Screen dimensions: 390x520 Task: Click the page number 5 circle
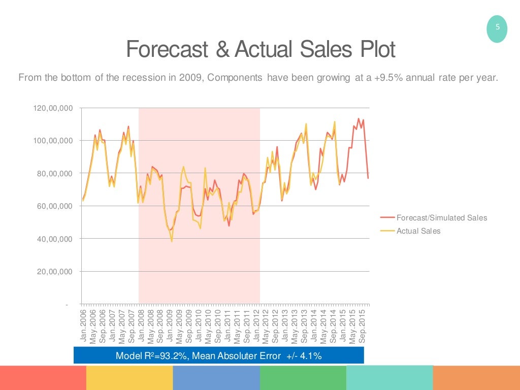click(x=497, y=29)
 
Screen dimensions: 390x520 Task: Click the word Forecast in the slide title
click(x=167, y=50)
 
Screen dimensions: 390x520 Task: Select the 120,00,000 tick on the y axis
click(x=53, y=108)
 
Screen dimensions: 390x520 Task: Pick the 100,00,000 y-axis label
click(x=53, y=141)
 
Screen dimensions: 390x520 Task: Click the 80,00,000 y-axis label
click(x=55, y=174)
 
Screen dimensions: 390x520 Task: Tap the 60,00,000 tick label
click(x=55, y=206)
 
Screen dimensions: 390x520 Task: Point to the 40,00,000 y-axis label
click(x=55, y=239)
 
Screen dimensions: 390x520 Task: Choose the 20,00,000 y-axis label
click(x=55, y=272)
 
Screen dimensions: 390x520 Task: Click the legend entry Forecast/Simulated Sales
click(x=441, y=218)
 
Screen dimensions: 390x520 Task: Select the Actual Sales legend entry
click(x=418, y=231)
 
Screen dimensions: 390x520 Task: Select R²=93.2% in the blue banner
click(x=165, y=356)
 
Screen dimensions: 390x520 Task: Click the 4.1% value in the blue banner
click(x=310, y=356)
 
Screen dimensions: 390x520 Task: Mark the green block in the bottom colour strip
click(x=303, y=378)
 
